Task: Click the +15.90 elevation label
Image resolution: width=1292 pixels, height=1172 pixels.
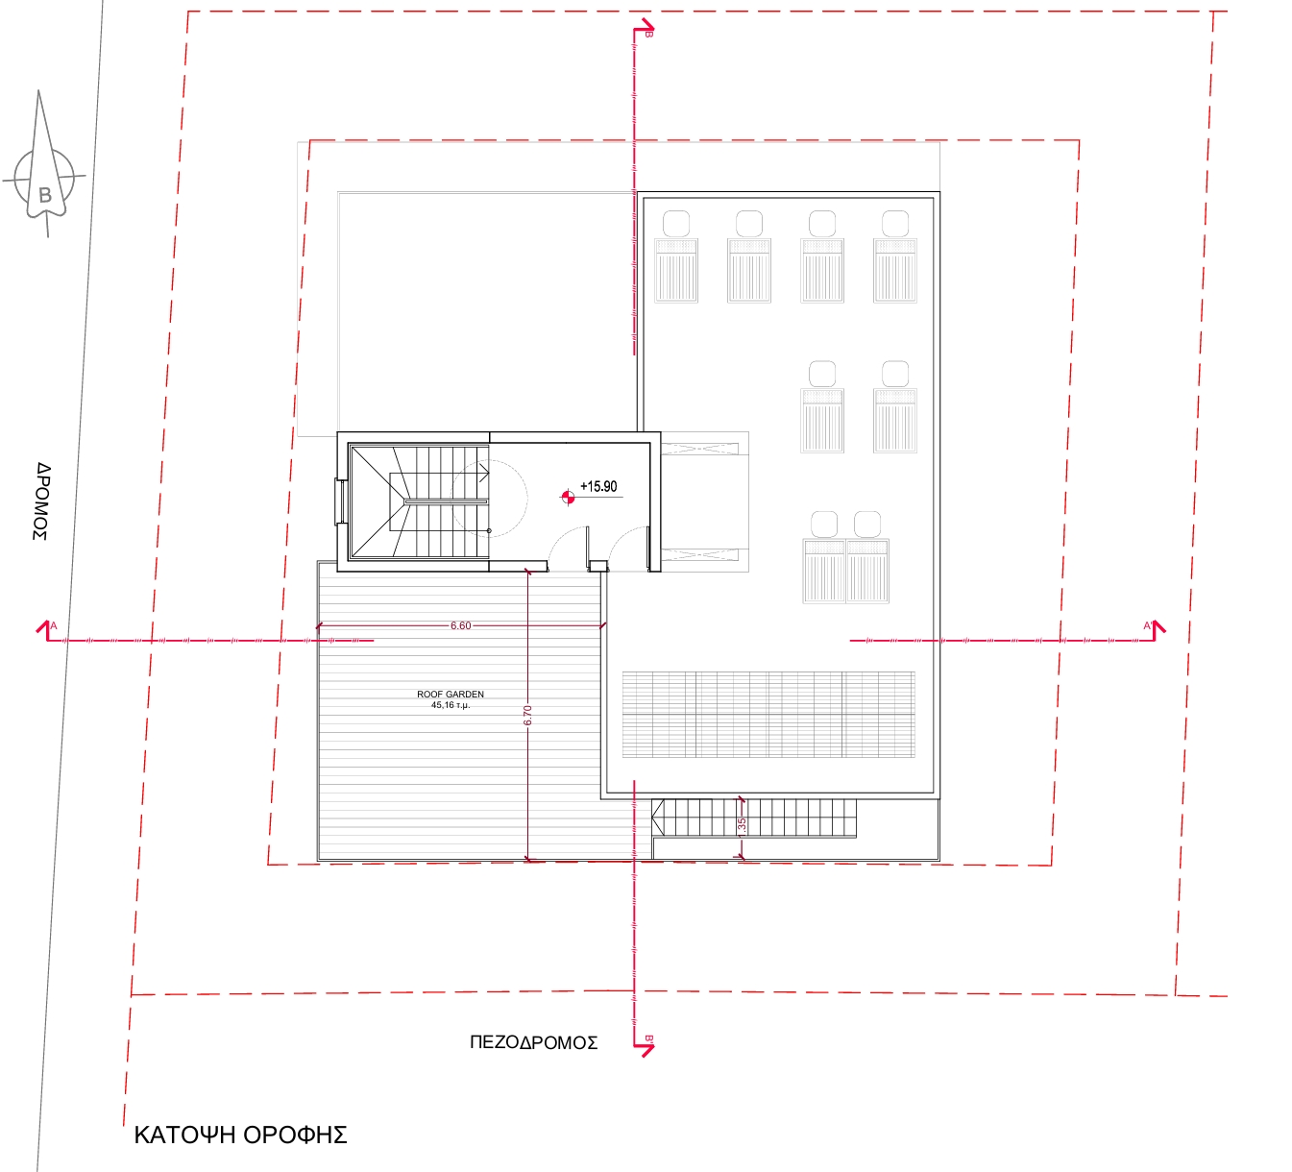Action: [x=598, y=486]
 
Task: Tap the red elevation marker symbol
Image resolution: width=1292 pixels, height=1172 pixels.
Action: [x=568, y=498]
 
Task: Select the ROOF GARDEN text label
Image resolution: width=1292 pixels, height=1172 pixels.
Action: [x=451, y=694]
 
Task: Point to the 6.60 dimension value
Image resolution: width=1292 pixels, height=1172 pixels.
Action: [x=460, y=625]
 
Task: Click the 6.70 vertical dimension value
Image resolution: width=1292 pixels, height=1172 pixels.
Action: [x=528, y=715]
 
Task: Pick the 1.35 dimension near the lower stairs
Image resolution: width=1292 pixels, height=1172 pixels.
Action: [x=742, y=827]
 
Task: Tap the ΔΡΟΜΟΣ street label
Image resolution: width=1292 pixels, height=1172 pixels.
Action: [x=42, y=501]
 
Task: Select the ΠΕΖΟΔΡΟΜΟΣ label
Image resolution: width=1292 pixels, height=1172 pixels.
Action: [x=533, y=1042]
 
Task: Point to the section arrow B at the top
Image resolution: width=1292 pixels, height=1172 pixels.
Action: [x=644, y=29]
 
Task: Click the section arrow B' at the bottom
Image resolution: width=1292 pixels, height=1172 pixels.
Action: [x=644, y=1046]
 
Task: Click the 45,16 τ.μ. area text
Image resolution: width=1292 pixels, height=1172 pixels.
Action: [x=451, y=705]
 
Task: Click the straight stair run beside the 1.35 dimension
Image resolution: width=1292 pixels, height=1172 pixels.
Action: [x=753, y=818]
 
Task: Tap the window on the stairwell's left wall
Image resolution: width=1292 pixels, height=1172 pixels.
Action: [x=339, y=501]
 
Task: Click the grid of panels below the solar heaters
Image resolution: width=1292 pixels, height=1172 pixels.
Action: [x=768, y=715]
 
